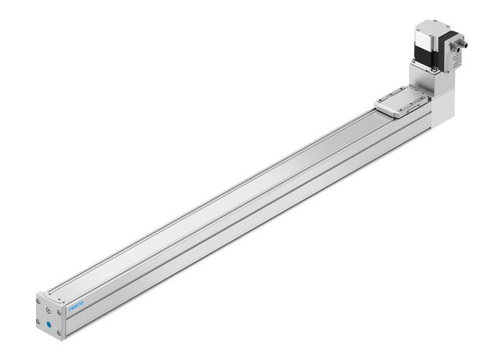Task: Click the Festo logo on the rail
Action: tap(77, 308)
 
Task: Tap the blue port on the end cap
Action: tap(49, 325)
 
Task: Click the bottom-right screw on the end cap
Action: tap(59, 333)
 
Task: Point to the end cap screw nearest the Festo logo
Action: tap(59, 312)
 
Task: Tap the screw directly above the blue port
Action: tap(49, 310)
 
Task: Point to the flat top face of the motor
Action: tap(429, 25)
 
